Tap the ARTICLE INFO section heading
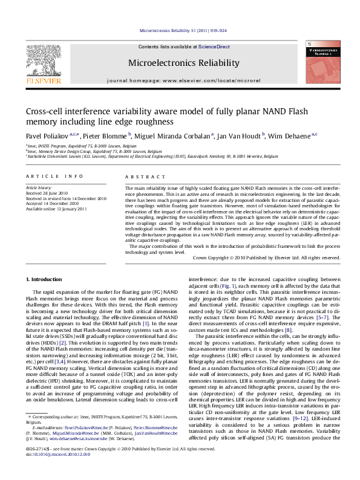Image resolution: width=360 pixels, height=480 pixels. coord(54,176)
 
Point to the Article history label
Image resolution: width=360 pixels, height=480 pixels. coord(38,189)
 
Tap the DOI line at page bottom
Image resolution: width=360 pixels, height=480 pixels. coord(53,470)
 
